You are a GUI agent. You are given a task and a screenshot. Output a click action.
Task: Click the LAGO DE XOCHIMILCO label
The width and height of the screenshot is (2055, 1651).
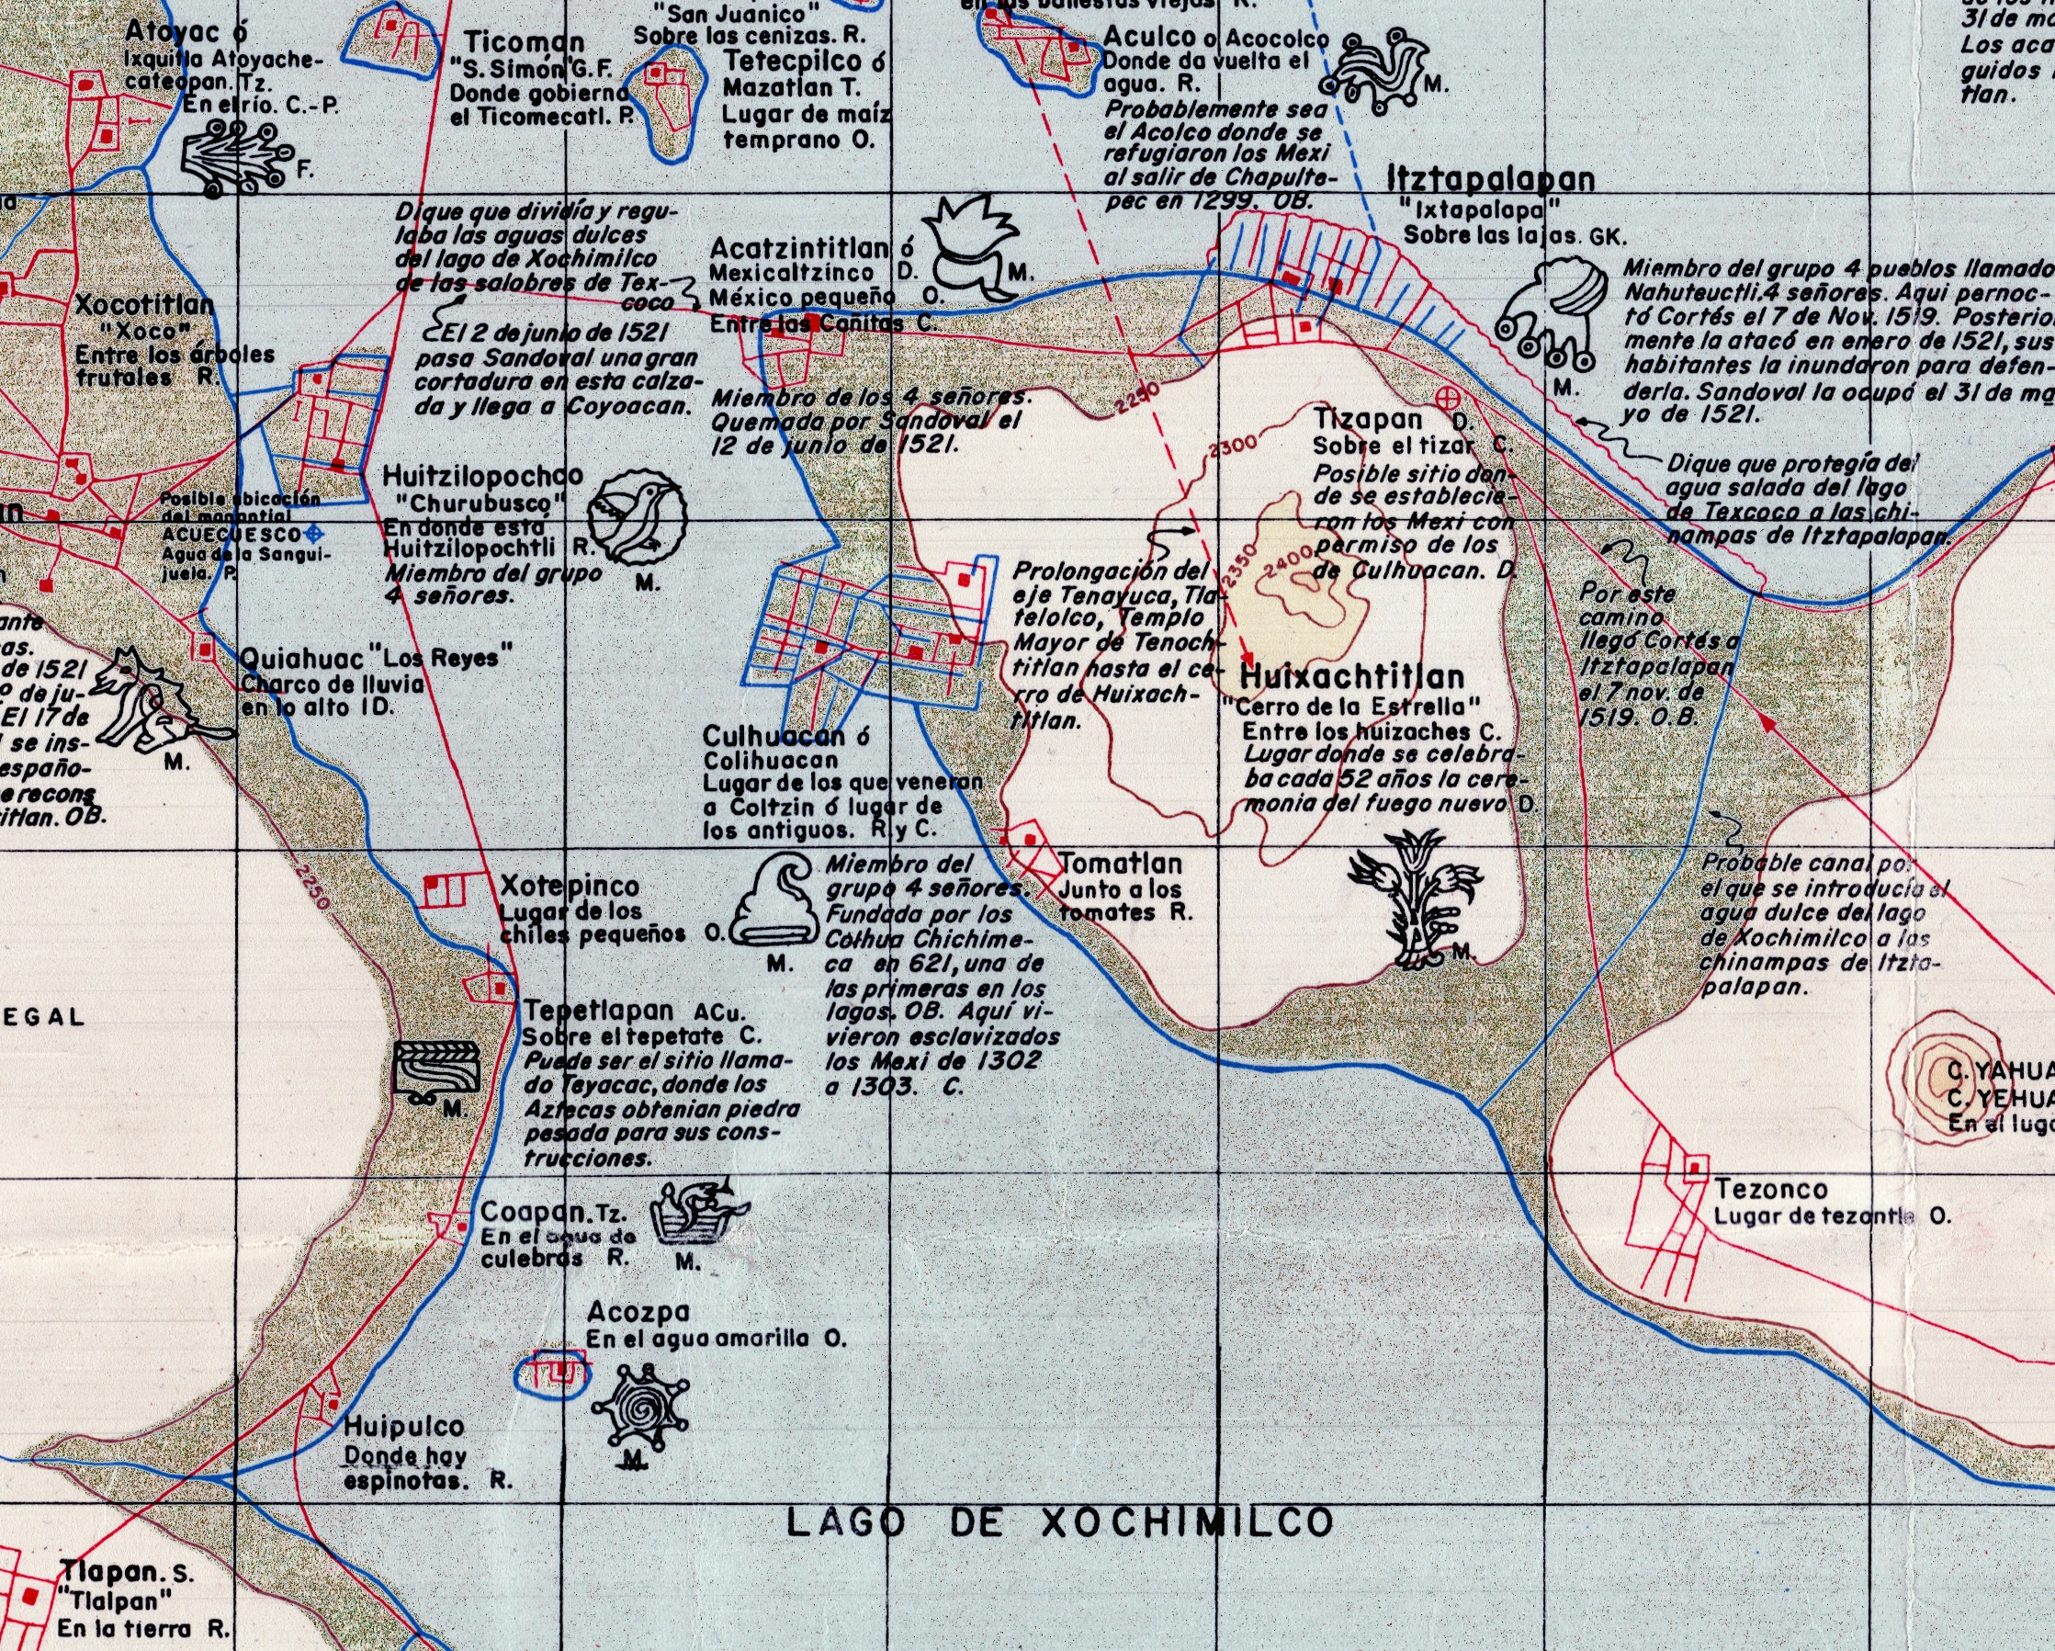click(x=1059, y=1522)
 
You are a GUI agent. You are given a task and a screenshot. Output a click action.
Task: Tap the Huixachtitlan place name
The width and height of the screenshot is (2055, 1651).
click(x=1351, y=677)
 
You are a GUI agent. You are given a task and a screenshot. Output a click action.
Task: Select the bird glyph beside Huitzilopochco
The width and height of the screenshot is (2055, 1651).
click(x=637, y=518)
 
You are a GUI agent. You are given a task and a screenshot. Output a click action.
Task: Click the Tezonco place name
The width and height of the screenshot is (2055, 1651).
click(x=1771, y=1189)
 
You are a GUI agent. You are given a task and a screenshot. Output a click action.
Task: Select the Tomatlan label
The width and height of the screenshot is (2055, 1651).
click(x=1121, y=864)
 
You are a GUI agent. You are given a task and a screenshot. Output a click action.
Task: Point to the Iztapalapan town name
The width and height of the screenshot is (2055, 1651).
click(x=1490, y=179)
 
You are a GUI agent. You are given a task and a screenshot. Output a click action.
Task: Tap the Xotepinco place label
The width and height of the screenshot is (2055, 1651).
click(x=570, y=887)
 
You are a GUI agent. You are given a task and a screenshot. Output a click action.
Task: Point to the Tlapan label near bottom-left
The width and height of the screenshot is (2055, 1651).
click(x=108, y=1571)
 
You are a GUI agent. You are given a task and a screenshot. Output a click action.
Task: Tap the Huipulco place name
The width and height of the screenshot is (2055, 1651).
click(x=404, y=1427)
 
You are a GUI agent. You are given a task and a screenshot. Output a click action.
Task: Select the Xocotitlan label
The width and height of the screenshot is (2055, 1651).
click(x=145, y=305)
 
